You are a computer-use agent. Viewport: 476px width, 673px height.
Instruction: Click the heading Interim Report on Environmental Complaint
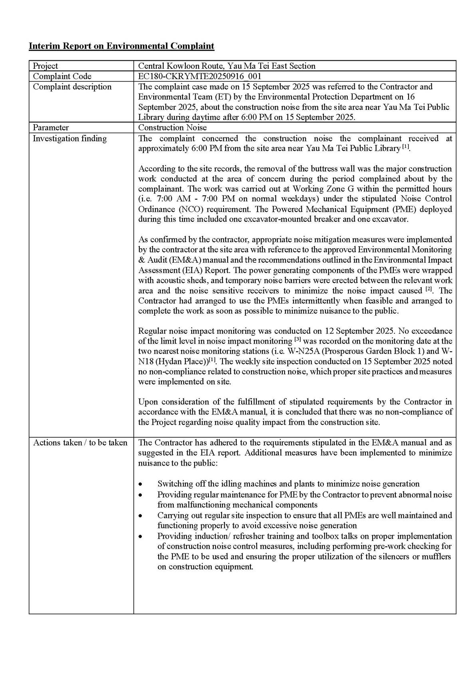coord(121,46)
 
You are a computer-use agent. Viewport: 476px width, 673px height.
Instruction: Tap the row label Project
coord(45,66)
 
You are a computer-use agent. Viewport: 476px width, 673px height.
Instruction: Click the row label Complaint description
coord(72,87)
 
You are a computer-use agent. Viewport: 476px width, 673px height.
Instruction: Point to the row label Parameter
coord(51,127)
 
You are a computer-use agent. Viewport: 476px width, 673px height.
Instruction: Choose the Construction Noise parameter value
coord(173,127)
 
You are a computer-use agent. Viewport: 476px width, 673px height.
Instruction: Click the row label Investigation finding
coord(69,138)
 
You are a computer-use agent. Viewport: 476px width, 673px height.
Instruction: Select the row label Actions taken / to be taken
coord(80,442)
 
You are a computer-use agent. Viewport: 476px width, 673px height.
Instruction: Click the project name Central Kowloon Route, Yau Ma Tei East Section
coord(226,66)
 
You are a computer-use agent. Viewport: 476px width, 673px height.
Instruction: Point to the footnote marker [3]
coord(298,340)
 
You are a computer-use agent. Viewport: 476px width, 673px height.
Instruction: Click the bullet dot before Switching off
coord(140,484)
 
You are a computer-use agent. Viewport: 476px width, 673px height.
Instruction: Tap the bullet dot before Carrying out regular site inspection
coord(140,516)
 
